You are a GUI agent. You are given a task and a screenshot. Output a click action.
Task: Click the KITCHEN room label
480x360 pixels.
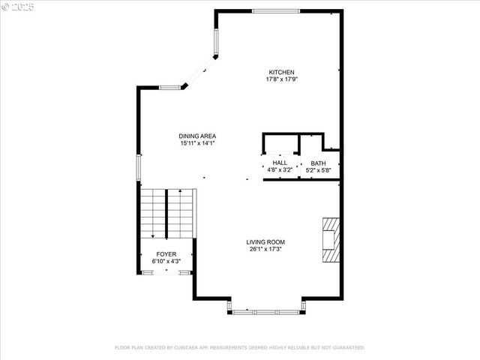click(x=276, y=72)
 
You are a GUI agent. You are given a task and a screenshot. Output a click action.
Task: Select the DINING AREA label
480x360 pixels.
click(x=197, y=136)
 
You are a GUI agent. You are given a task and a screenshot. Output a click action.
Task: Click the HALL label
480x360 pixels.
click(x=280, y=163)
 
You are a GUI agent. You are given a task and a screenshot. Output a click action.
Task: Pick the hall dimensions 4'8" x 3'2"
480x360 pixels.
click(x=280, y=169)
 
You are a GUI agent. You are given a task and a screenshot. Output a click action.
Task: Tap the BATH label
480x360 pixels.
click(x=319, y=163)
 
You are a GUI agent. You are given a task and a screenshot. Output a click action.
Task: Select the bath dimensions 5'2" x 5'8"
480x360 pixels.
click(x=319, y=170)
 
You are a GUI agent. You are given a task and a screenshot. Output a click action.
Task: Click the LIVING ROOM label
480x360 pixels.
click(x=265, y=241)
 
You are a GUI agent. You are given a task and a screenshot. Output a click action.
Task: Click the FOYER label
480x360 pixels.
click(x=166, y=255)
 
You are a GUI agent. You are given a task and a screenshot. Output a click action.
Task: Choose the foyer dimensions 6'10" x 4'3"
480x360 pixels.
click(x=166, y=262)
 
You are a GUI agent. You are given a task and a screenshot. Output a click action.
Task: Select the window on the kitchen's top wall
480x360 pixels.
click(x=275, y=10)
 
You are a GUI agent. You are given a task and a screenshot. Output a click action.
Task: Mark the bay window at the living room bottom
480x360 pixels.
click(x=266, y=310)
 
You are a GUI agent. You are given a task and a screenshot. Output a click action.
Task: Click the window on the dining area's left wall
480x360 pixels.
click(x=138, y=166)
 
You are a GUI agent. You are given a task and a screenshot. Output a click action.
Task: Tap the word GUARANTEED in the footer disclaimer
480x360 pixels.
click(x=347, y=348)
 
